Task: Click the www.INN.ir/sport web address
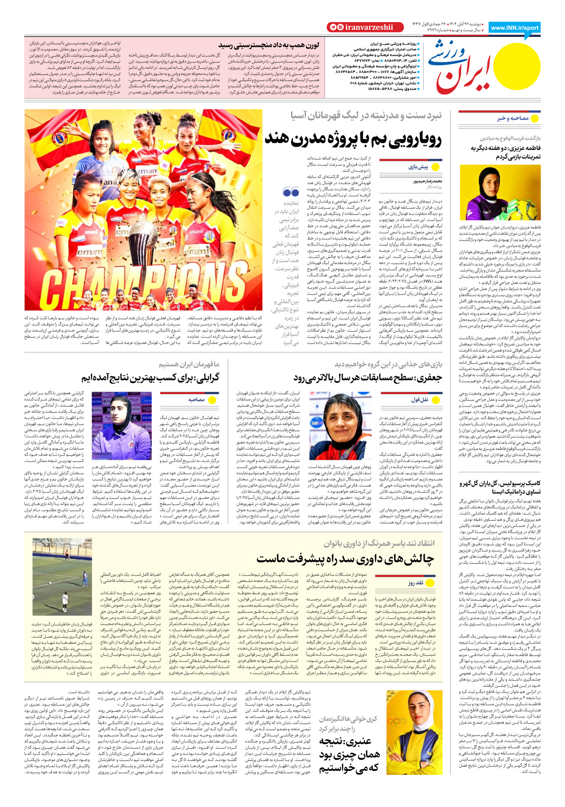(515, 28)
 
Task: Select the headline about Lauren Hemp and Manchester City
(269, 45)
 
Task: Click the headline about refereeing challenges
(345, 559)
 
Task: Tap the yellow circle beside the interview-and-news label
(535, 118)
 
